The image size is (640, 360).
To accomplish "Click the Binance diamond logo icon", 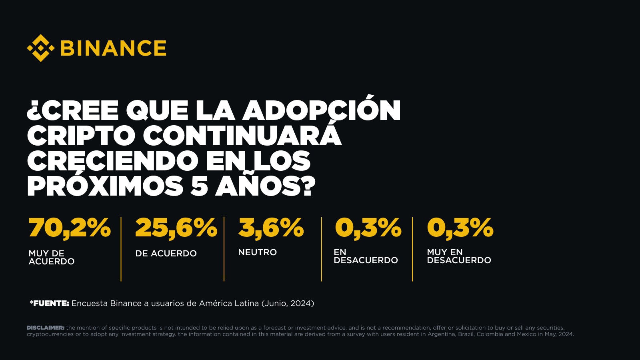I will tap(40, 48).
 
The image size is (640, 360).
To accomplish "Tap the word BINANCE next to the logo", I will tap(113, 48).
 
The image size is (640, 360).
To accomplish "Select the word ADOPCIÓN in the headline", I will tap(322, 110).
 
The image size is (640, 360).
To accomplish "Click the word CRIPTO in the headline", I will tap(81, 136).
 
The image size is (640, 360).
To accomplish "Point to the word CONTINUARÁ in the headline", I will tap(242, 136).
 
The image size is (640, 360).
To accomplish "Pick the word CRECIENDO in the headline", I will tap(112, 161).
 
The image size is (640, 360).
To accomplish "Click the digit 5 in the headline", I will tap(199, 186).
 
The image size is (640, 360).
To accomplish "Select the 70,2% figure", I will tap(70, 228).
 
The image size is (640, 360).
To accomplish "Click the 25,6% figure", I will tap(176, 228).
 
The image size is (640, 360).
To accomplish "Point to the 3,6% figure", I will tap(271, 228).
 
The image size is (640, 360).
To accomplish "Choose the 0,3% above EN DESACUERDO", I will tap(368, 228).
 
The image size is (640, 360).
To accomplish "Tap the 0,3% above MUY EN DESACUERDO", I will tap(460, 228).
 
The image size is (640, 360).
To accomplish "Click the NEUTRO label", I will tap(257, 252).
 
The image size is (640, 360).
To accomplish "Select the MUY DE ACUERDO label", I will tap(51, 257).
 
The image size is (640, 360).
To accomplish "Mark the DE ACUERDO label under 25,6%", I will tap(166, 254).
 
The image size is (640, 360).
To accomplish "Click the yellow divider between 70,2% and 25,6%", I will tap(121, 249).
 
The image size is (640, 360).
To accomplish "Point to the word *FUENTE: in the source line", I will tap(50, 304).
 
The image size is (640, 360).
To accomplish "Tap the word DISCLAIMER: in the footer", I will tap(46, 328).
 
